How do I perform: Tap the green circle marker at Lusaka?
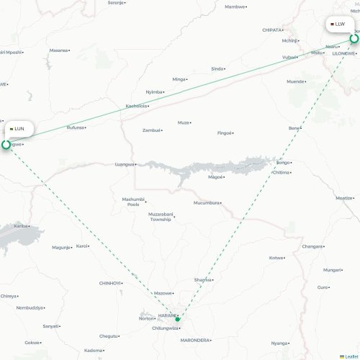(x=6, y=145)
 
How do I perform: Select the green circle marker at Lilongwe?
(x=354, y=39)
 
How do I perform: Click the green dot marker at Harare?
(x=178, y=319)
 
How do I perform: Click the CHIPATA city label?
(x=272, y=30)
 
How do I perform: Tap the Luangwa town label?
(x=124, y=164)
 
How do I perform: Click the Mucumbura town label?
(x=206, y=202)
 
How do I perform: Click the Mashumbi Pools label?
(x=132, y=201)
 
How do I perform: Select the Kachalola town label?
(x=136, y=106)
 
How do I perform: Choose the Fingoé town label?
(x=225, y=132)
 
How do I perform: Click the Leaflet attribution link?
(x=350, y=356)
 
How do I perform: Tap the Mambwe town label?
(x=234, y=6)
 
